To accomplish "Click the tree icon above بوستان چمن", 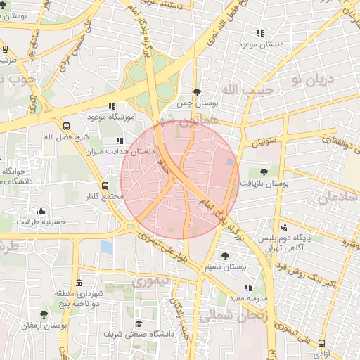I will tap(197, 92).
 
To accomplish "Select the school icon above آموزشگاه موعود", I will tap(112, 106).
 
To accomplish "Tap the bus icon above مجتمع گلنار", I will tap(105, 186).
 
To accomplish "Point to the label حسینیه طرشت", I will tap(41, 221).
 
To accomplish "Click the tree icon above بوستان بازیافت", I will tap(264, 172).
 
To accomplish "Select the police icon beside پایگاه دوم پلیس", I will tap(284, 227).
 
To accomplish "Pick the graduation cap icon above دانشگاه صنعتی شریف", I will tap(139, 323).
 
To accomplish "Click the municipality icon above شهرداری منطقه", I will tap(79, 282).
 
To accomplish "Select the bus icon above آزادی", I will tap(322, 344).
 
